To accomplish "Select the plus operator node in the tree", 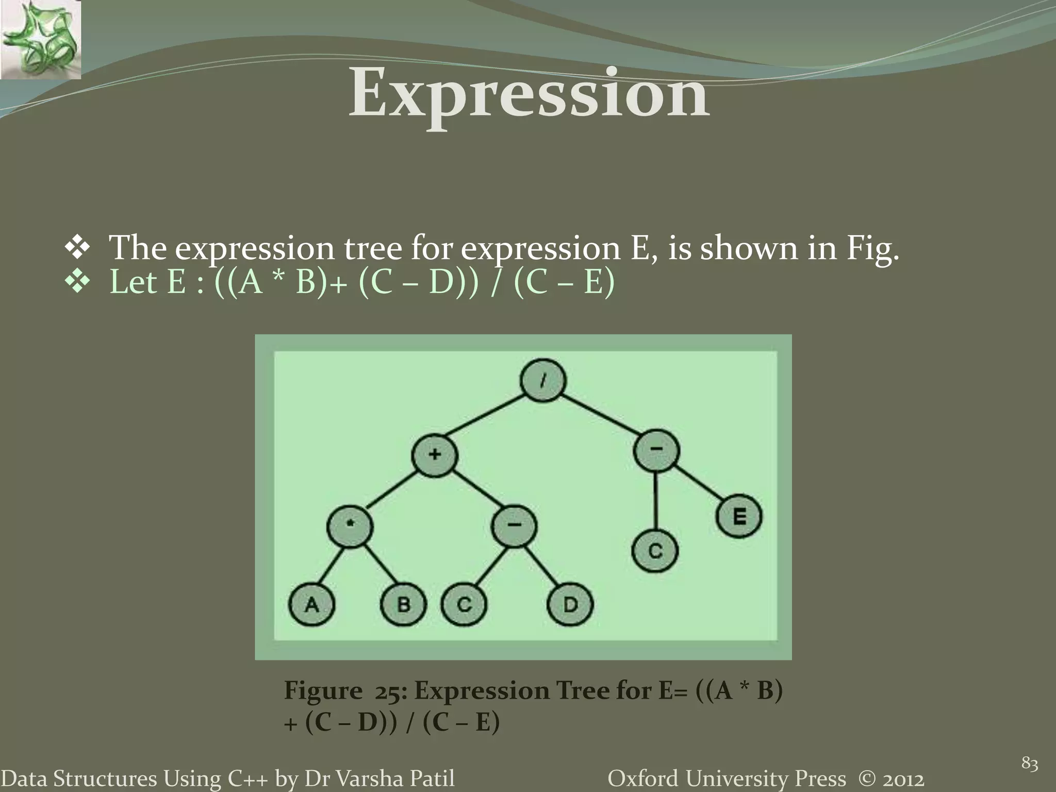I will point(435,454).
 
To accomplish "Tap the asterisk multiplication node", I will point(350,525).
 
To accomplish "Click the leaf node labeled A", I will point(311,604).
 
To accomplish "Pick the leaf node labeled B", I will point(404,604).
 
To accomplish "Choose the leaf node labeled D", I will point(570,604).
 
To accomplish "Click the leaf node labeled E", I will point(739,516).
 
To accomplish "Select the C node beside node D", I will point(464,604).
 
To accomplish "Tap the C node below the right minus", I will point(655,551).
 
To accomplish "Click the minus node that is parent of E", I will point(656,450).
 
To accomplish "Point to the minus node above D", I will point(514,525).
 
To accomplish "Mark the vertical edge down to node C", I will point(655,500).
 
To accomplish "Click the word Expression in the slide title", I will point(529,94).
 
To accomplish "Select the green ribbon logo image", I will point(40,40).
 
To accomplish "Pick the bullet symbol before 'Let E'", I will point(77,283).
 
